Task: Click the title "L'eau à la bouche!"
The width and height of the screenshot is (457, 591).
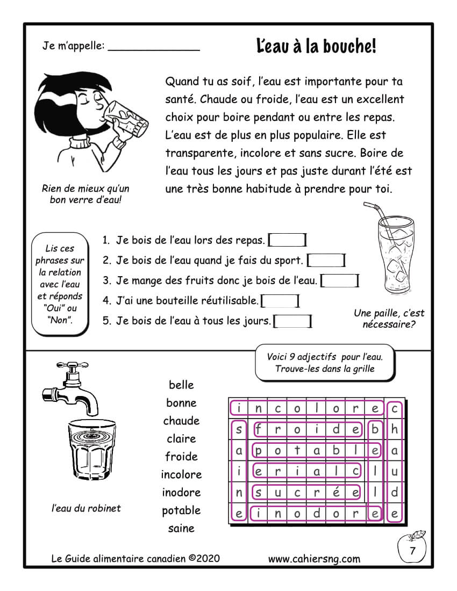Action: (x=317, y=47)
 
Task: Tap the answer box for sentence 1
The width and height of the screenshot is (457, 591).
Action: (x=288, y=240)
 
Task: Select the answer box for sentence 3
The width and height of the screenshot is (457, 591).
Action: (x=340, y=280)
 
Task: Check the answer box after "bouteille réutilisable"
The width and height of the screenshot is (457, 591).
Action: (x=280, y=301)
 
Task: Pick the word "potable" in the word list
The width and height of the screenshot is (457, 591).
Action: (x=181, y=510)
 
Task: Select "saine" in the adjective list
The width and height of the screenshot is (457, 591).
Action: (x=181, y=528)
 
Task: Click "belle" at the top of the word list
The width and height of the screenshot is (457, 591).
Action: (x=181, y=385)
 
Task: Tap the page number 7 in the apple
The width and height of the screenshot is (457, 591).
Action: (x=412, y=551)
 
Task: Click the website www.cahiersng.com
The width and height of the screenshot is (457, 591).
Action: (x=314, y=559)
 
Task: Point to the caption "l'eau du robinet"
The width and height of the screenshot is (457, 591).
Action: (x=86, y=508)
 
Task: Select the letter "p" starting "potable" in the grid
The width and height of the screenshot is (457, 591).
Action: (x=259, y=450)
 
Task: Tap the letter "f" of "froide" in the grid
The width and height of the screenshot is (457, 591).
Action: (x=259, y=429)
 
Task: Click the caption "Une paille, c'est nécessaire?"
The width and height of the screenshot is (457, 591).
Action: (x=389, y=319)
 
